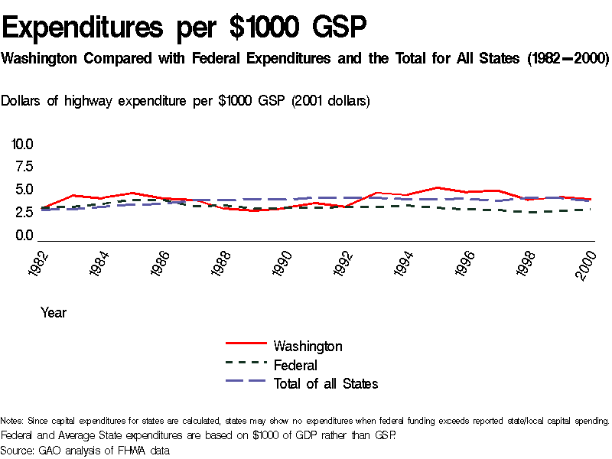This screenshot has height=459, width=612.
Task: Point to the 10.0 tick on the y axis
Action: click(x=22, y=144)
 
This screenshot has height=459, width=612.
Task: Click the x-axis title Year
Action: click(x=54, y=312)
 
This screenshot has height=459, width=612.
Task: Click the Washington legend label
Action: click(x=308, y=347)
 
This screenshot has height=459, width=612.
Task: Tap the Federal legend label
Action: click(x=295, y=365)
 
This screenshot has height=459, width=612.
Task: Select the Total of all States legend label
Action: click(x=326, y=383)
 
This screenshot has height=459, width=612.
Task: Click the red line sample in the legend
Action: click(x=246, y=345)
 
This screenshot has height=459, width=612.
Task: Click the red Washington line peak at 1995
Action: click(x=435, y=187)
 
